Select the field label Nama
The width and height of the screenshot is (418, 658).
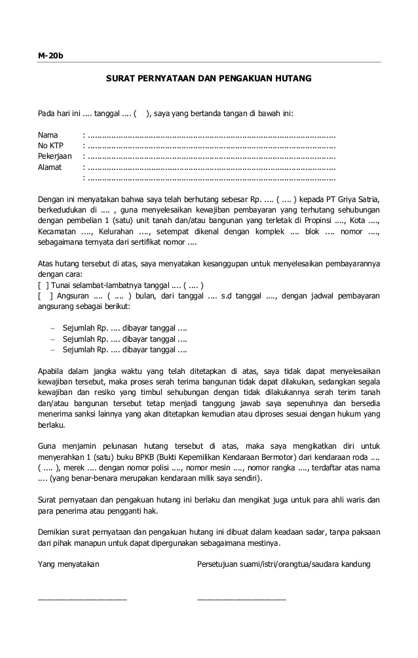tap(48, 136)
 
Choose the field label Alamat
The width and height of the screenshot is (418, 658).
tap(50, 167)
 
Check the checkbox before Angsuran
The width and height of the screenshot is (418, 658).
tap(44, 296)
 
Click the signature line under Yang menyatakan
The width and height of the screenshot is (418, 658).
tap(82, 598)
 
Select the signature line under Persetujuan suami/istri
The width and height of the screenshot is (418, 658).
tap(241, 598)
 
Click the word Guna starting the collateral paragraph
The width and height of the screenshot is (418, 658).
tap(47, 446)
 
